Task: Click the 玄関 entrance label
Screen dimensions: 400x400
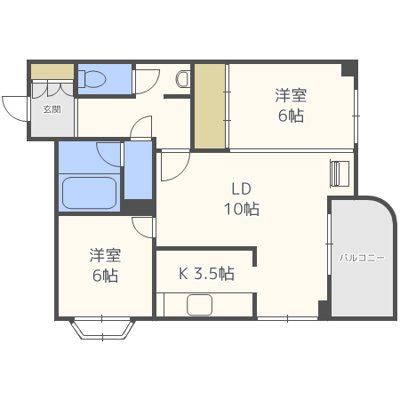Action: [52, 110]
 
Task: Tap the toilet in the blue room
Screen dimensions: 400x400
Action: [90, 79]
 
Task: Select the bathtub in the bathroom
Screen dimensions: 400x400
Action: [89, 192]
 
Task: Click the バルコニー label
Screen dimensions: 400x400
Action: [361, 258]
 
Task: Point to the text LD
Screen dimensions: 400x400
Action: [242, 189]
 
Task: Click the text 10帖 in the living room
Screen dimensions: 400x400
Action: [242, 210]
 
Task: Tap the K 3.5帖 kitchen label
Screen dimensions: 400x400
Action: [206, 274]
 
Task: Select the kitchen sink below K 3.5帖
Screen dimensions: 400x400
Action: [201, 305]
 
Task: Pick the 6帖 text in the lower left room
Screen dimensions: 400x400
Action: [104, 275]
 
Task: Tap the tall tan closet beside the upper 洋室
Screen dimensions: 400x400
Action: [210, 106]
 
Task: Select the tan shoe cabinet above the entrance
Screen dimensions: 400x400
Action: [52, 70]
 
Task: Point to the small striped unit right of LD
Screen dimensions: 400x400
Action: [340, 173]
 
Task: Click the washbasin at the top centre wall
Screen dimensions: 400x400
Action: [183, 79]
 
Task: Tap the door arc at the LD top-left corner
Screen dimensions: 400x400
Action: [173, 165]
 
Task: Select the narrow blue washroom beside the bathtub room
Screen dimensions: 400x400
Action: [137, 169]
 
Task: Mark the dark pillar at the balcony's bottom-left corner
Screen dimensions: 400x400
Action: [324, 308]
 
